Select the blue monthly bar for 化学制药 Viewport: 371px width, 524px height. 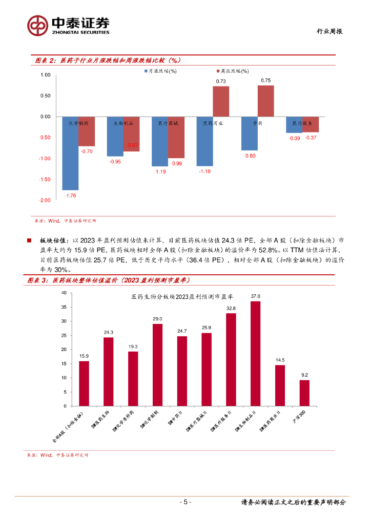70,153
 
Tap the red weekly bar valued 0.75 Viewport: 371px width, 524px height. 265,101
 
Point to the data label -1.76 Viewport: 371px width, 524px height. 70,195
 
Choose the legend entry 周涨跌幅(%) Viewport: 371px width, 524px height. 234,72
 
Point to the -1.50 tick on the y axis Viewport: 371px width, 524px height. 45,179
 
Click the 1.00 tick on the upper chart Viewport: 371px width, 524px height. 45,75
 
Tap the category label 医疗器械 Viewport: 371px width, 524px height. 168,123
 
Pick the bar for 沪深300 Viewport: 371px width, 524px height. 304,393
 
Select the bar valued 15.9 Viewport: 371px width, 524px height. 84,383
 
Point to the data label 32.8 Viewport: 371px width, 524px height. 231,309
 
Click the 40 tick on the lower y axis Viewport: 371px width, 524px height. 64,293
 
